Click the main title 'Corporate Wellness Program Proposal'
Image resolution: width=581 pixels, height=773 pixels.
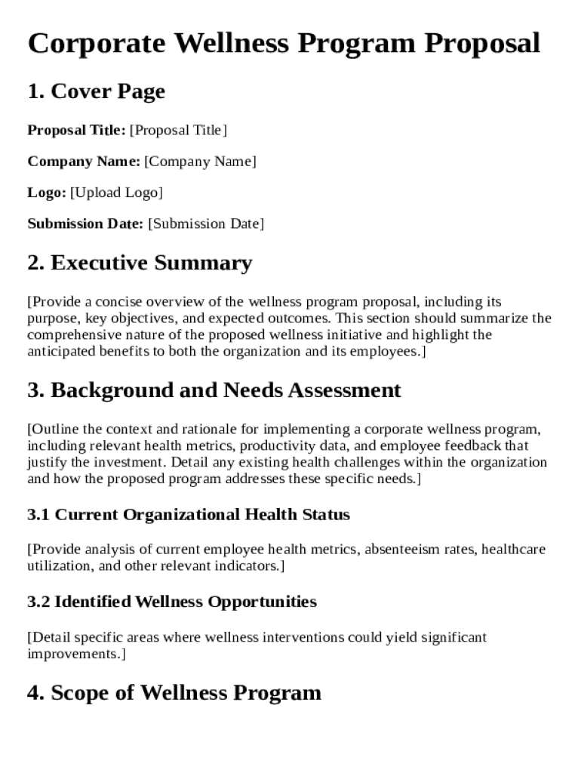[284, 43]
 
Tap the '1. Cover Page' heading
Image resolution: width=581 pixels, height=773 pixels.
[96, 92]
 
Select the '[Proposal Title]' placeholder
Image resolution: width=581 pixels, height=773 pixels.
[178, 131]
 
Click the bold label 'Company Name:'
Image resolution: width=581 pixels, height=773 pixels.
[84, 162]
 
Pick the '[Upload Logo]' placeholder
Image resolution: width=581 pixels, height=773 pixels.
[116, 192]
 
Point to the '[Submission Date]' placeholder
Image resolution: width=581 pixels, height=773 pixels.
[206, 223]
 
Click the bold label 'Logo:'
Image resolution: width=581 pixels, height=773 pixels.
[47, 192]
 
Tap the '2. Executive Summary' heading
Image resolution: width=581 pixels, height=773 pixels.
[140, 263]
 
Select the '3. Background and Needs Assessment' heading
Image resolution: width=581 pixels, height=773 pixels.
[214, 390]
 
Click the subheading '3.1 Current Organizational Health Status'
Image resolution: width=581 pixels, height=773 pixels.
[189, 515]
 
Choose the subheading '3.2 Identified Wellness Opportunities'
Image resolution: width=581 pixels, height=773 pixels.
[172, 602]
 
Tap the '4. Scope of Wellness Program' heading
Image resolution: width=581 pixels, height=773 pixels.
[174, 693]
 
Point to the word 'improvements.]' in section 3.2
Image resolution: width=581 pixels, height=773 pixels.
[76, 654]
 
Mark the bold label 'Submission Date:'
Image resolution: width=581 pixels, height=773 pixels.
[85, 223]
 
